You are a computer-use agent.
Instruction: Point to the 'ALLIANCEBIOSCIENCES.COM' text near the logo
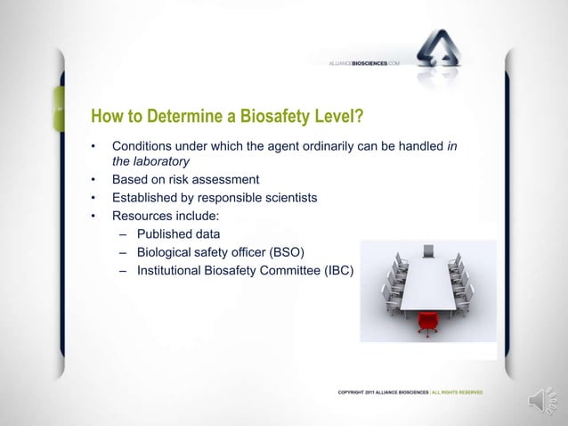click(x=368, y=63)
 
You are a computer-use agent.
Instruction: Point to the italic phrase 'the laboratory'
click(x=150, y=161)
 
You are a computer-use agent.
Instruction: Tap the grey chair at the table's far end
click(x=428, y=250)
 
